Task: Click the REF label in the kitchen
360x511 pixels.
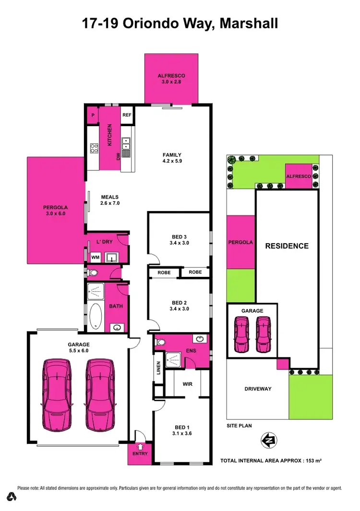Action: (x=127, y=115)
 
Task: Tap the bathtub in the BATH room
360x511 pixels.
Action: (x=96, y=317)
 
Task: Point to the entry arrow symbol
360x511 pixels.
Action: (x=140, y=447)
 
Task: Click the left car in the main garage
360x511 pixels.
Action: (x=58, y=394)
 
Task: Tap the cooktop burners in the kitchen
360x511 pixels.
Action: (x=94, y=148)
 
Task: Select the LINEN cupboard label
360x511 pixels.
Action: (x=158, y=368)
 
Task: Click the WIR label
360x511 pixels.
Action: (x=187, y=384)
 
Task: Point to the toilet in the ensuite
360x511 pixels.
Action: (x=161, y=342)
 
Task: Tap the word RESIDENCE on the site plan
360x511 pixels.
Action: (x=287, y=246)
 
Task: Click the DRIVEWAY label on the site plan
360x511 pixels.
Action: (x=257, y=389)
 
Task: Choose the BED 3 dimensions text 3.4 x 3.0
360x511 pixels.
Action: (x=180, y=243)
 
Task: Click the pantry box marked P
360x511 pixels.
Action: (x=93, y=116)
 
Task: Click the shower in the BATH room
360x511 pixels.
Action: (x=95, y=290)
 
